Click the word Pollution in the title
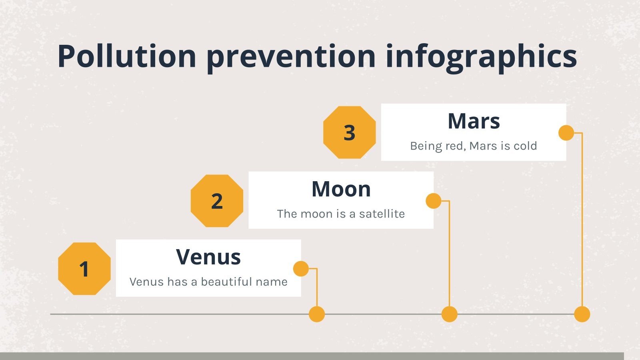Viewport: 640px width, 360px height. point(126,56)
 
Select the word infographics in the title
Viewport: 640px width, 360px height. point(481,58)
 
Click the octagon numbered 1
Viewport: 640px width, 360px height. point(84,268)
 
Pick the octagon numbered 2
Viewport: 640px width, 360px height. point(217,201)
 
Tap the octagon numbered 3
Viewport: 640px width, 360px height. point(350,132)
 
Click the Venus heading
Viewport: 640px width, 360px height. point(208,257)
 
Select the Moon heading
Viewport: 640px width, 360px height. point(341,189)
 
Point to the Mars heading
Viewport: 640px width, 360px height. point(474,121)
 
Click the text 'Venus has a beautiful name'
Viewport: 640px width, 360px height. point(208,282)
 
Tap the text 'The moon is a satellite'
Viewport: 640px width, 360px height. point(341,214)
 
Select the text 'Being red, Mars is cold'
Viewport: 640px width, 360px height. point(474,146)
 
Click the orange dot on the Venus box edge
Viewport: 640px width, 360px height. point(301,268)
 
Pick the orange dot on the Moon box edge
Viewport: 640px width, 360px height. point(434,201)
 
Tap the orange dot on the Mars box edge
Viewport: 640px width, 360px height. point(566,132)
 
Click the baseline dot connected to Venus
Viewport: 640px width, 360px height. point(317,314)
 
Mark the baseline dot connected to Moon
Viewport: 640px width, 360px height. point(450,314)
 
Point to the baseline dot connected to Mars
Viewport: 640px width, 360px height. point(582,314)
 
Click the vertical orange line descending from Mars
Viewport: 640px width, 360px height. point(582,220)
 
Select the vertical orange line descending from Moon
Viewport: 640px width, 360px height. point(450,254)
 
